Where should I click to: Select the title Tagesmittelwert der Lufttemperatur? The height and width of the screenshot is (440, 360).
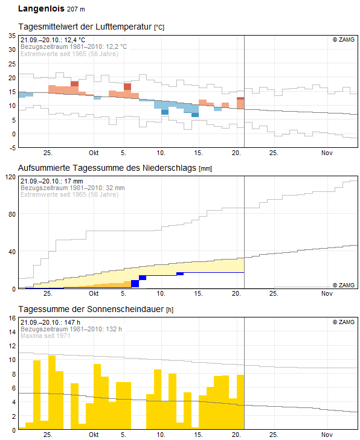tap(86, 28)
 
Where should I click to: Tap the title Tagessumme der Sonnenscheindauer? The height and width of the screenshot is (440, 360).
tap(91, 309)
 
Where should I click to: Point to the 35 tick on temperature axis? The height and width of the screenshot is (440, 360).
tap(11, 36)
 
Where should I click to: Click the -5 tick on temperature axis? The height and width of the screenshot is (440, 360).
tap(11, 147)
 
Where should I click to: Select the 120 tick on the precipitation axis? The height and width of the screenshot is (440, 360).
tap(10, 177)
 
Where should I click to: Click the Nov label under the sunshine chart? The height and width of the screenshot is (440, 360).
tap(327, 435)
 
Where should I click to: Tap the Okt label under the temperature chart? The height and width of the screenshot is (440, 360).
tap(94, 152)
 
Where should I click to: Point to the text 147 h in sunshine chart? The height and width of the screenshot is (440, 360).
tap(72, 322)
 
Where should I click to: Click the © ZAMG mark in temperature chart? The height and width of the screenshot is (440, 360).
tap(343, 39)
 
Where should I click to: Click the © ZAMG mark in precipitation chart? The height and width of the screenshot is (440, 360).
tap(343, 285)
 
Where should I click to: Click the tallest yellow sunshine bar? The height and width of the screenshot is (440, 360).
tap(52, 392)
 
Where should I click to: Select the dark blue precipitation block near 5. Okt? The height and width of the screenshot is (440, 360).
tap(135, 284)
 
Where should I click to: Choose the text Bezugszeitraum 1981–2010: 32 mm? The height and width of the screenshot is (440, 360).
tap(72, 188)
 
